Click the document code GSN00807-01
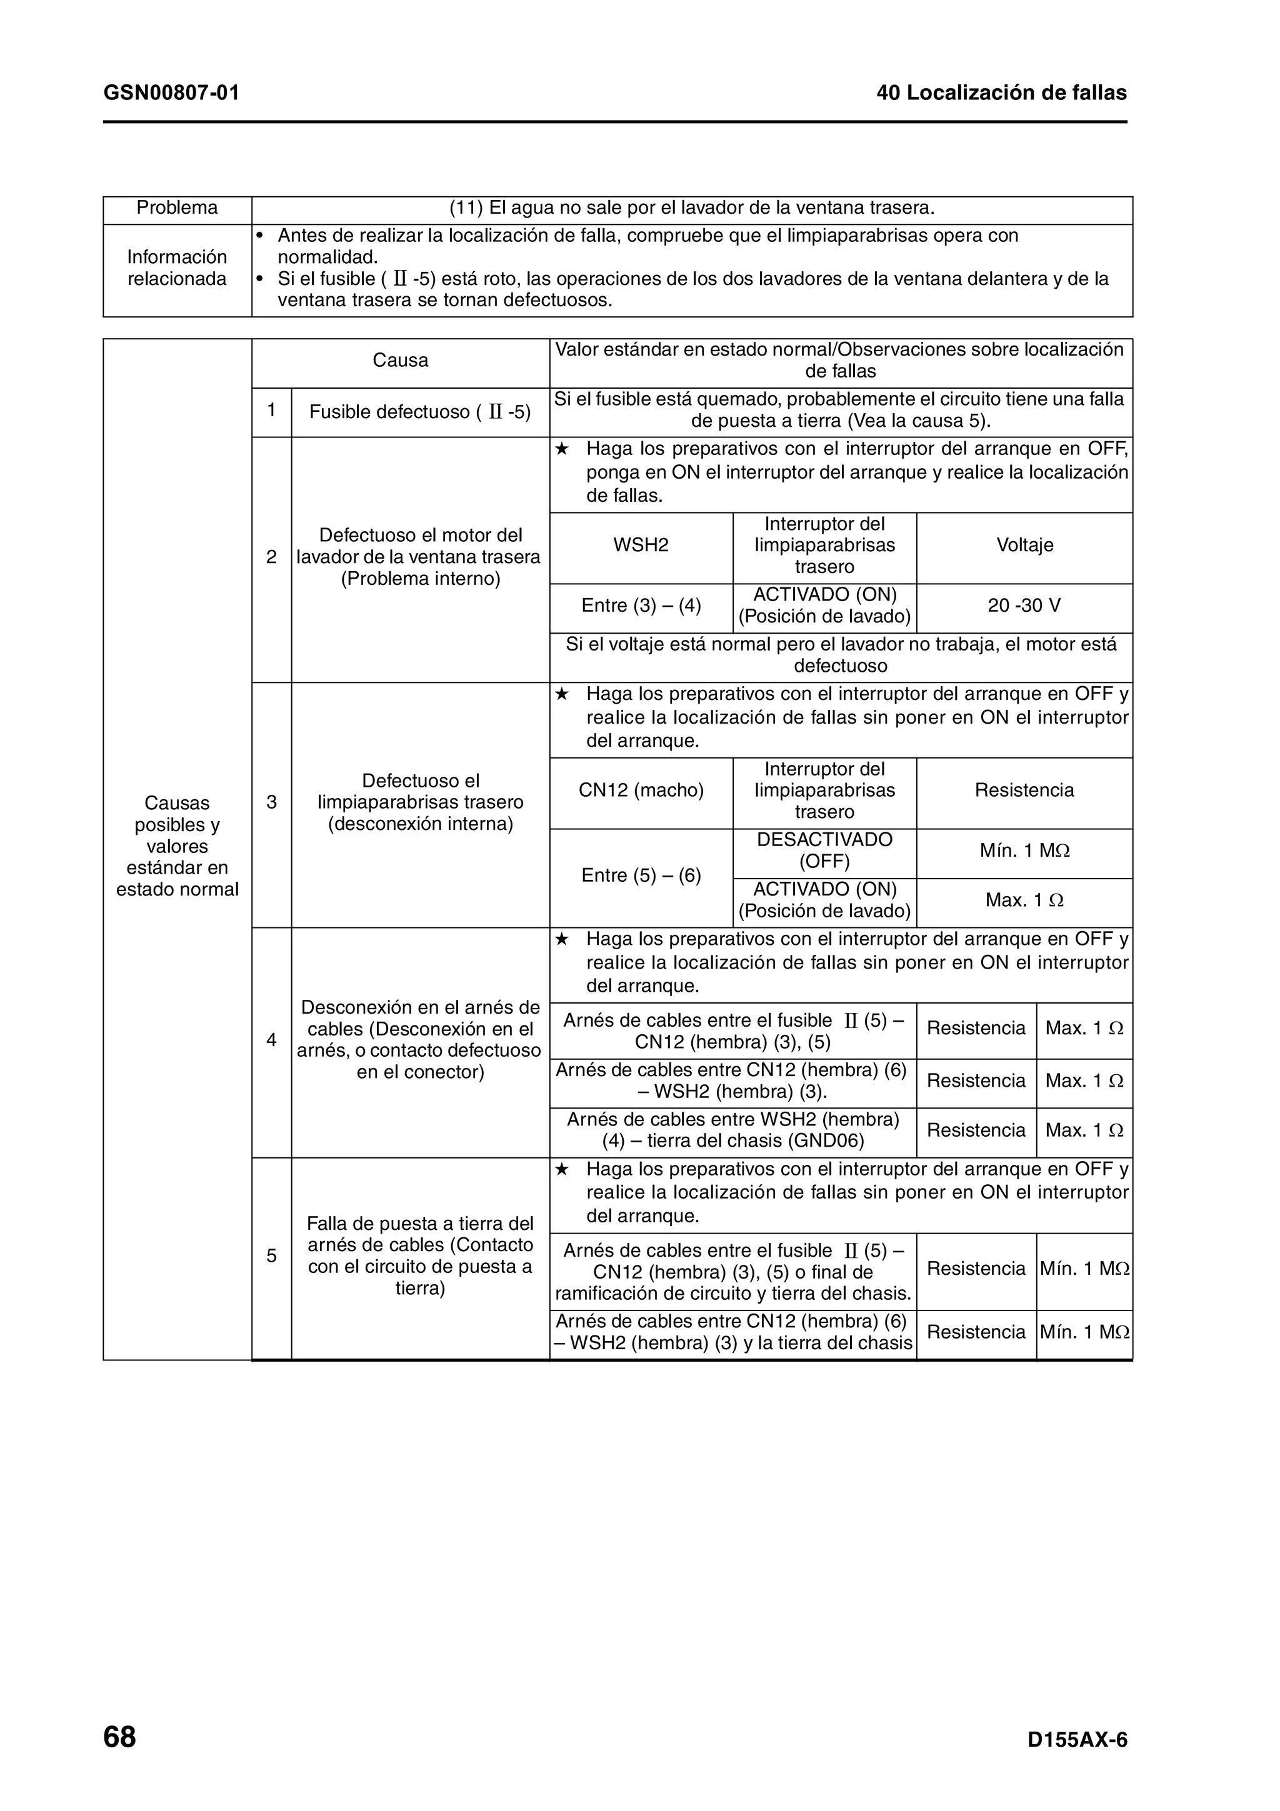(x=171, y=93)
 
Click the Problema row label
(x=177, y=208)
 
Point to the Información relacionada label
(x=177, y=268)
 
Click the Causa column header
(x=400, y=361)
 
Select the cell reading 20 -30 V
(x=1024, y=606)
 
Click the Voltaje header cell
(x=1024, y=546)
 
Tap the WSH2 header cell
(x=641, y=546)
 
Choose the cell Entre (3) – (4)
(x=641, y=606)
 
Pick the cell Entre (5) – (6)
(x=641, y=876)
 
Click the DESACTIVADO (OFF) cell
(x=824, y=851)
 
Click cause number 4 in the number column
(x=271, y=1040)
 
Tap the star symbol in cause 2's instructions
(x=561, y=449)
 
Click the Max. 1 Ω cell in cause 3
(x=1024, y=901)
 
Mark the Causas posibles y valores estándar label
(x=177, y=846)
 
